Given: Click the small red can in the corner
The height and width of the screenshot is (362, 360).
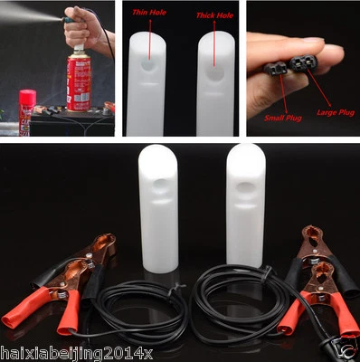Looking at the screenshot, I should pos(27,111).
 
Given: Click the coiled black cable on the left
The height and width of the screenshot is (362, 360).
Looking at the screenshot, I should pos(145,312).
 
